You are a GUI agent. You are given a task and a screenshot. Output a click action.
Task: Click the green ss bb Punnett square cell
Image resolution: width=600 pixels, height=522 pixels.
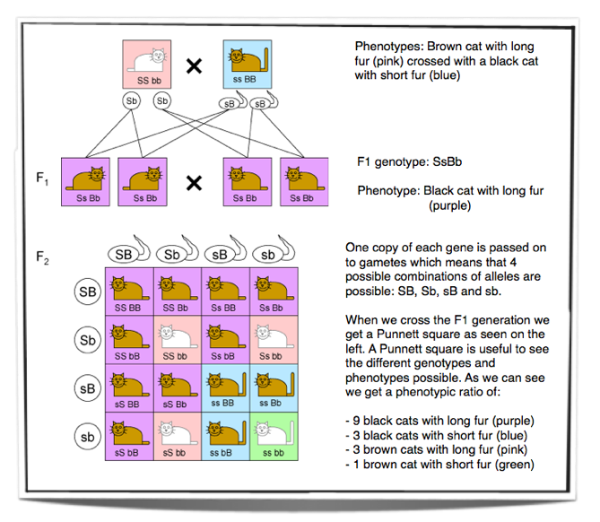[274, 436]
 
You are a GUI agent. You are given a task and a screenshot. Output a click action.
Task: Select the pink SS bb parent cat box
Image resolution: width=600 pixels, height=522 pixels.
[146, 65]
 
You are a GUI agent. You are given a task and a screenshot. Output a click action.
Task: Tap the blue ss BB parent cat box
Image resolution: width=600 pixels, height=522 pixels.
[248, 65]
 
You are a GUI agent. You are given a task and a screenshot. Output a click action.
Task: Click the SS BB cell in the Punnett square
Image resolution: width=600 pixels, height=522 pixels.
[129, 291]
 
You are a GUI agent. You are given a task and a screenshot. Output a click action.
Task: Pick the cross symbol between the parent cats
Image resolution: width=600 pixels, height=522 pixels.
[194, 66]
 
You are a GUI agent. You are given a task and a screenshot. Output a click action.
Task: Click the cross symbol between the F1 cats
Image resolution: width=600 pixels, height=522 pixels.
[194, 183]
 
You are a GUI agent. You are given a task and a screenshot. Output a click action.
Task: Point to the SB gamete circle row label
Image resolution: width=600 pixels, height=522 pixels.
[88, 291]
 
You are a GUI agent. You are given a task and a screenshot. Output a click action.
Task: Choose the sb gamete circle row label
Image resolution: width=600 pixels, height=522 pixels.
[88, 437]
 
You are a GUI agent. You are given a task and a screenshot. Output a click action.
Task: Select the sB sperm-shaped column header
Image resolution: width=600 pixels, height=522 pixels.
[225, 251]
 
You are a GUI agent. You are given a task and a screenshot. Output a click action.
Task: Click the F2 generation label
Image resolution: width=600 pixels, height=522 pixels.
[42, 257]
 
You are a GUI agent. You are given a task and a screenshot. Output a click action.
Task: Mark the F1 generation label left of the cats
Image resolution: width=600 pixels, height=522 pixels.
[42, 178]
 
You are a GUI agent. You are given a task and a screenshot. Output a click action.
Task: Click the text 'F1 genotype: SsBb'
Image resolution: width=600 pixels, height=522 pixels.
[409, 161]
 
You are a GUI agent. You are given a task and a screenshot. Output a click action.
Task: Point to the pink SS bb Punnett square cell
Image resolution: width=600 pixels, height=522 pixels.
[178, 340]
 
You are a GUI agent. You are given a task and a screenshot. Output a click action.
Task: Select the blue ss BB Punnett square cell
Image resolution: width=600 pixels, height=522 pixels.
[226, 388]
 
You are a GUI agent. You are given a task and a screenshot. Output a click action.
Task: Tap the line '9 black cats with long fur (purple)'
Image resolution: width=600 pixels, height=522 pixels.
[439, 421]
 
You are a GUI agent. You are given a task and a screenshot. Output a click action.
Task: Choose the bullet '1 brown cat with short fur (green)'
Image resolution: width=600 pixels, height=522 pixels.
[439, 465]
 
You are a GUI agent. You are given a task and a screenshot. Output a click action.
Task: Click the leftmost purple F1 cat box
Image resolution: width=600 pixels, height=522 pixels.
[85, 182]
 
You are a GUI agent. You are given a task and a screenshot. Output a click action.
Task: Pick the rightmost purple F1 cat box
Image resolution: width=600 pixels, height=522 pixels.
[304, 182]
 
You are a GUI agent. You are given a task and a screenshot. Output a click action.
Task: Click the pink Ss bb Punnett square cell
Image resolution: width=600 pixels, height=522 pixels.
[274, 340]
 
